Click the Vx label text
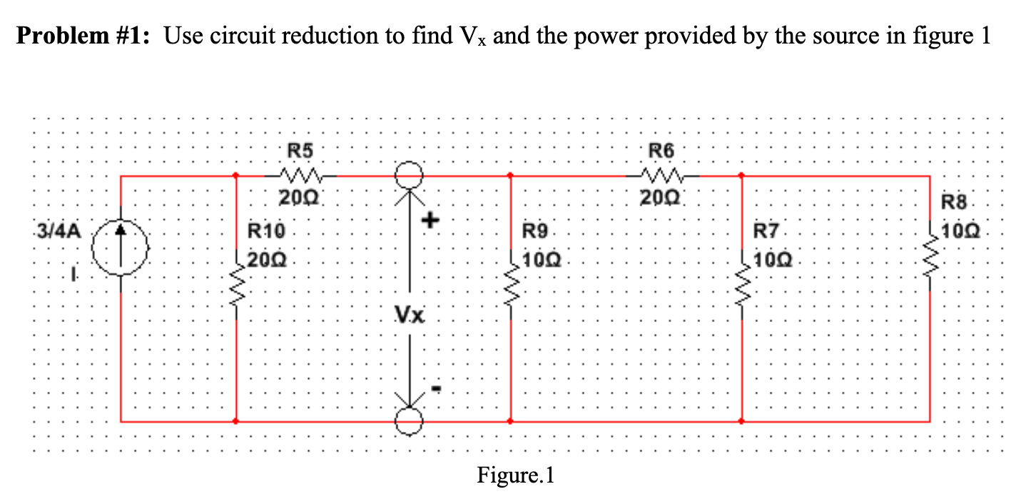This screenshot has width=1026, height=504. [x=410, y=314]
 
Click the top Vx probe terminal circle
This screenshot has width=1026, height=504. [x=410, y=174]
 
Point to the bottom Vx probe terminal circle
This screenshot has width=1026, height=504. [x=410, y=422]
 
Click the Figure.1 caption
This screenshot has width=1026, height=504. [x=515, y=475]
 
